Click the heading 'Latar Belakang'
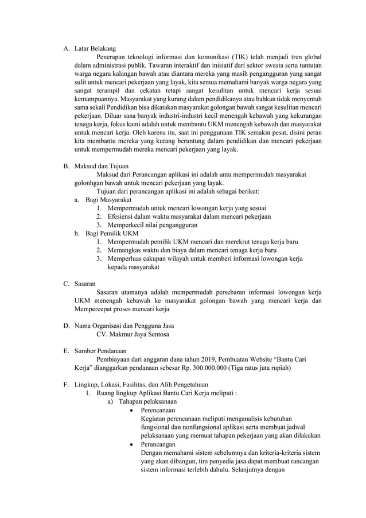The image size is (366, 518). [x=95, y=49]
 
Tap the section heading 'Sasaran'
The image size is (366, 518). [x=85, y=283]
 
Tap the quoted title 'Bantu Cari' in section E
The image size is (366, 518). [x=291, y=359]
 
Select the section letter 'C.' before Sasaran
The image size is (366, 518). [x=67, y=283]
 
